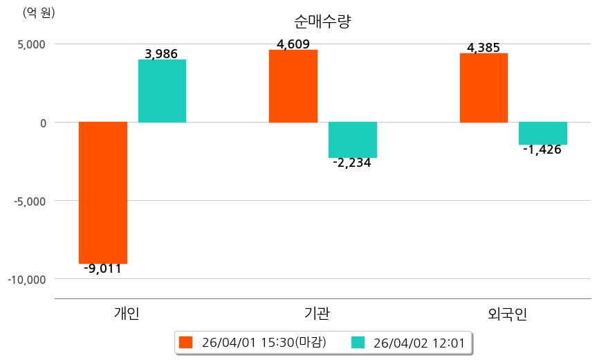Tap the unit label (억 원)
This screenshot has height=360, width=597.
point(39,12)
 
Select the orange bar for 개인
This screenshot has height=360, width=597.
point(103,192)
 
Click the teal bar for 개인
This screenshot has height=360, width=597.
point(162,91)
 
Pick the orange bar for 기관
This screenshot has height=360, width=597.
point(293,86)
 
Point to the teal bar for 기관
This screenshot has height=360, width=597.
point(353,140)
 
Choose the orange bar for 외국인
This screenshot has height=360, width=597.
point(484,88)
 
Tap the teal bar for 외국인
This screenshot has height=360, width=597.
point(543,133)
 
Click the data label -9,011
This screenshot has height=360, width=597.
point(102,269)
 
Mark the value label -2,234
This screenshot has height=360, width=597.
point(351,163)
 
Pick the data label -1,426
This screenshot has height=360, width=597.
point(542,150)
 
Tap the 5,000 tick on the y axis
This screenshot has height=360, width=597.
point(31,44)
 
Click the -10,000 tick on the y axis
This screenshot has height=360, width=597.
point(26,279)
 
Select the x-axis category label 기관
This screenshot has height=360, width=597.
point(317,314)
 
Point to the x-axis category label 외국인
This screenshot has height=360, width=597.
point(507,314)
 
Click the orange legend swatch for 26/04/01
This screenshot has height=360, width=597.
point(185,342)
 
